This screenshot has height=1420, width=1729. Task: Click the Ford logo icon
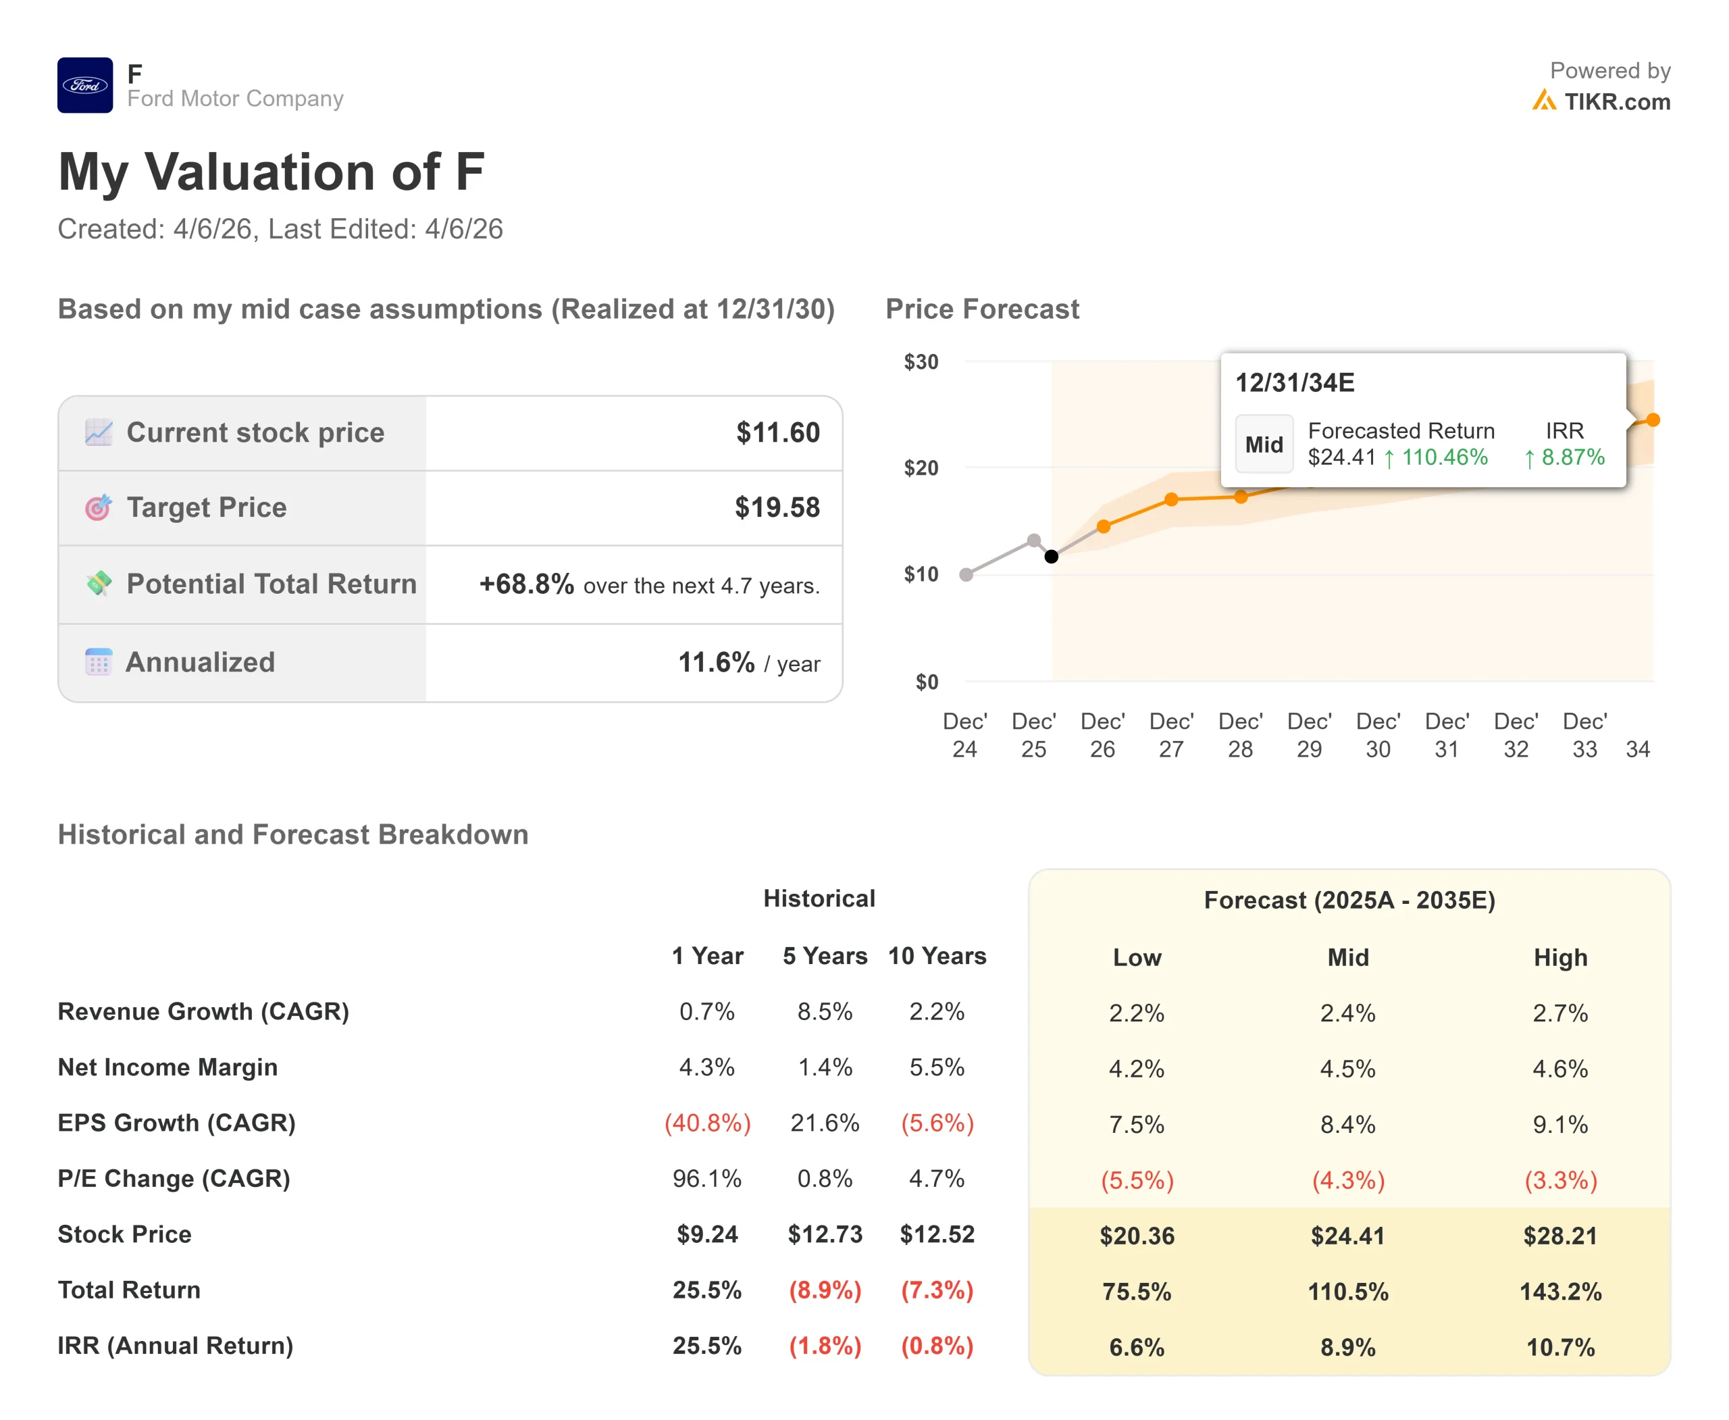(85, 85)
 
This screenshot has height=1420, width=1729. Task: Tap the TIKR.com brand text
(1616, 102)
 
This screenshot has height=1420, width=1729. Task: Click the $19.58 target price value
(776, 507)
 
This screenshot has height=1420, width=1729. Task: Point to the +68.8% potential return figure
(526, 584)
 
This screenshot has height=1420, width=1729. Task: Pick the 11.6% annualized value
(716, 663)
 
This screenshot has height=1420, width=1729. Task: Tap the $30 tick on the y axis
(921, 361)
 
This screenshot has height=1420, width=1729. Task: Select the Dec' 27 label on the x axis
(1171, 734)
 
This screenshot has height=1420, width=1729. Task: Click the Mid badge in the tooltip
(1264, 444)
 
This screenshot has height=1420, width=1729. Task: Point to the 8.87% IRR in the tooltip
(1572, 457)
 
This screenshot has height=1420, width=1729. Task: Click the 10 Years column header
(937, 955)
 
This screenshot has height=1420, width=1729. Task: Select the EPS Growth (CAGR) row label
(177, 1122)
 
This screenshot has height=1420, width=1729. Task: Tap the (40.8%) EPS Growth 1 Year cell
(707, 1122)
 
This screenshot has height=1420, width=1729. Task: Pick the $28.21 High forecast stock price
(1559, 1235)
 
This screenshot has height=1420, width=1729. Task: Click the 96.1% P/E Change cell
(707, 1178)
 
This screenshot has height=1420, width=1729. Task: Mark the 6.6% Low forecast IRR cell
(1137, 1347)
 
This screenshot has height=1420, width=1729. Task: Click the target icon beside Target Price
(98, 508)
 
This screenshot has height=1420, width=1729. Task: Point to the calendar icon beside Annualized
(98, 662)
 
